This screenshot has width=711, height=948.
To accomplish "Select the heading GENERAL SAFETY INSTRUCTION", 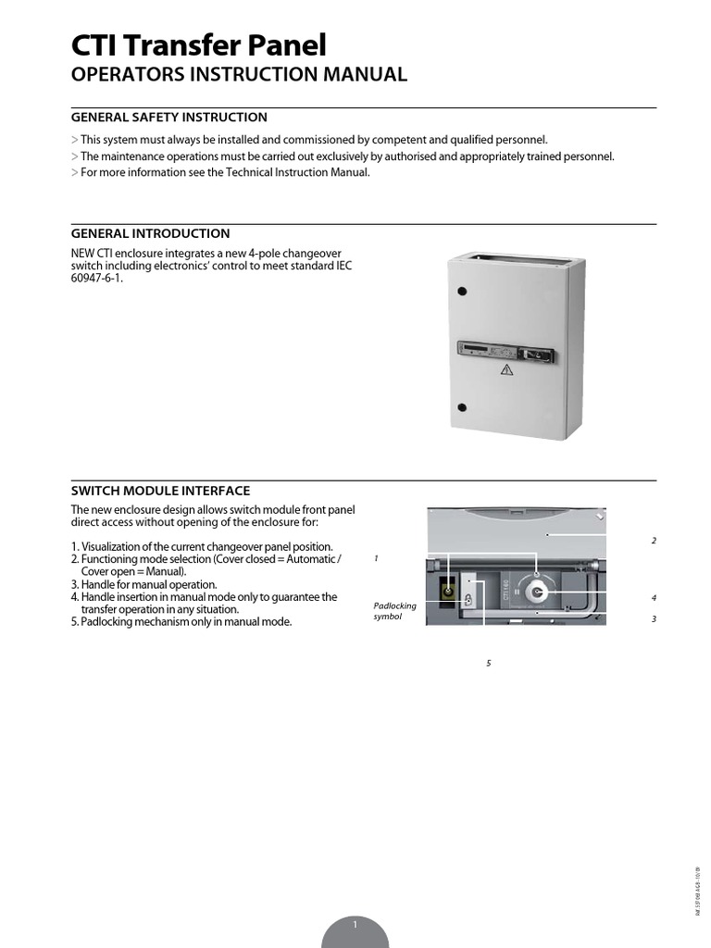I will click(169, 118).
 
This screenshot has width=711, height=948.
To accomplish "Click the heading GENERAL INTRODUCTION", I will click(150, 233).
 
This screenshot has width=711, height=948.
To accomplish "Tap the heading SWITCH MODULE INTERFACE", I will click(160, 491).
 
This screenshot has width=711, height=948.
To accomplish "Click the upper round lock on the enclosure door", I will click(460, 291).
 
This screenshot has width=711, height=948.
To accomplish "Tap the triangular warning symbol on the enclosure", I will click(506, 369).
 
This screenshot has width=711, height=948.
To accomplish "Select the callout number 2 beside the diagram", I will click(654, 541).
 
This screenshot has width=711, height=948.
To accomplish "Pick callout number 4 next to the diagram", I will click(654, 598).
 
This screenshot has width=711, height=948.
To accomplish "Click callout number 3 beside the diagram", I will click(654, 618).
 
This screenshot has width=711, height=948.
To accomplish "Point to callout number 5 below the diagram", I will click(488, 663).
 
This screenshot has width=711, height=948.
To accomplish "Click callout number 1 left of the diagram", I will click(377, 559).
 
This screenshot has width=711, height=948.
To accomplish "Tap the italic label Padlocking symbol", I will click(395, 611).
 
